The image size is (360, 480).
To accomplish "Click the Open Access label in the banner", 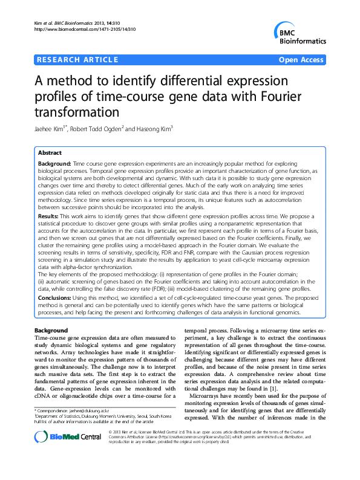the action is (x=303, y=59).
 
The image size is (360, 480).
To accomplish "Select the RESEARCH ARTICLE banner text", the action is (x=77, y=59).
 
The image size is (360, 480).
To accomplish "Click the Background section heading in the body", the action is (x=51, y=331).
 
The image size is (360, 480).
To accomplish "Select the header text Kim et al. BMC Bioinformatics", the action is (x=67, y=22).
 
